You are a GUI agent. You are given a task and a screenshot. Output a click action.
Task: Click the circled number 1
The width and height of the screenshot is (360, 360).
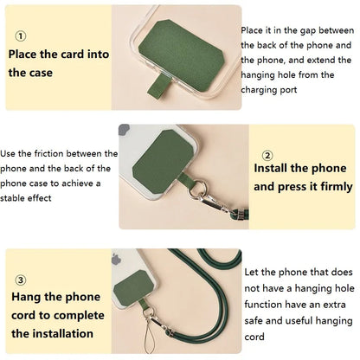20,36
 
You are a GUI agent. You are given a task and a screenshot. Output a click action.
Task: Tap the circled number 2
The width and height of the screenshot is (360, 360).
267,156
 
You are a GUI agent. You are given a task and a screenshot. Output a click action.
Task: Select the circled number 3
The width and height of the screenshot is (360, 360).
20,280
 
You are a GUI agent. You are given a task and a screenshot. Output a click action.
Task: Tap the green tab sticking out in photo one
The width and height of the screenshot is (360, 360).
155,84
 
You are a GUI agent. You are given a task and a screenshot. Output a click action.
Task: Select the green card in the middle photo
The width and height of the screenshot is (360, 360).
163,162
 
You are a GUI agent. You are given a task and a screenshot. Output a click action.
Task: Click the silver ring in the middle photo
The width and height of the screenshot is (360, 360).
197,190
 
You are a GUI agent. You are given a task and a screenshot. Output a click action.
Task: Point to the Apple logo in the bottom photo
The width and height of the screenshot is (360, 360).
116,260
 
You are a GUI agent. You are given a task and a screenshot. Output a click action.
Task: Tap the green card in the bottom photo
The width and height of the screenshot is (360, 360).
133,286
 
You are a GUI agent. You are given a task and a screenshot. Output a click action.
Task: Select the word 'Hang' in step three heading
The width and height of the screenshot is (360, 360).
25,297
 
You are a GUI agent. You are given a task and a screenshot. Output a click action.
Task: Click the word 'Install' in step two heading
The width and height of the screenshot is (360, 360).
271,168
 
